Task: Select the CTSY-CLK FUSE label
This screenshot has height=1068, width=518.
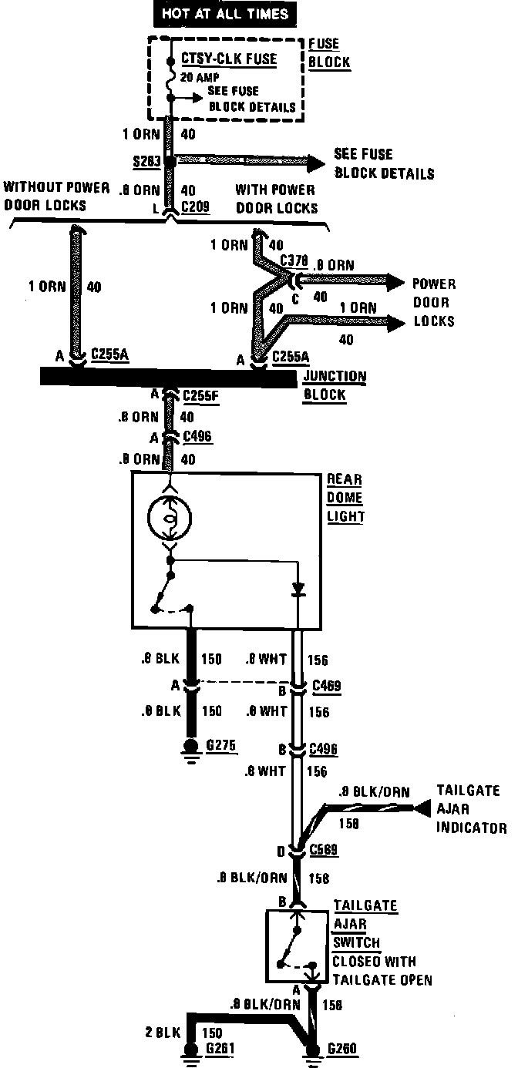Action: click(x=229, y=59)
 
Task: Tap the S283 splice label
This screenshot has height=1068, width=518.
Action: click(x=145, y=162)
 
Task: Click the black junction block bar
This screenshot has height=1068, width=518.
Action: click(x=168, y=377)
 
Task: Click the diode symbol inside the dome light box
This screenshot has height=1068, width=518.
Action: click(x=298, y=590)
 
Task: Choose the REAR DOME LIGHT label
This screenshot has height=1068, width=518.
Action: click(x=345, y=497)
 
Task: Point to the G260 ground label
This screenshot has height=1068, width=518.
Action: click(x=343, y=1048)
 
